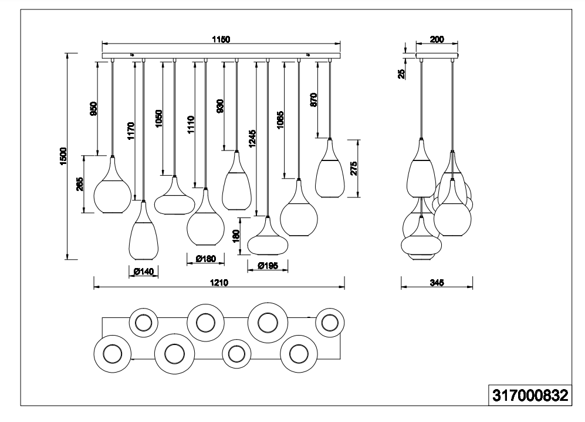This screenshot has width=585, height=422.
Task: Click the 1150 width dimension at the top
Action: [x=221, y=39]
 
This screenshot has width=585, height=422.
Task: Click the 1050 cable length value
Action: [x=159, y=119]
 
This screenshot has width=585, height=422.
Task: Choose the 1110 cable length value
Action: [x=191, y=125]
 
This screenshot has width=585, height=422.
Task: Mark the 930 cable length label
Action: [x=221, y=106]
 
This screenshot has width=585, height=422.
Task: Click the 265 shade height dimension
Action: [x=80, y=184]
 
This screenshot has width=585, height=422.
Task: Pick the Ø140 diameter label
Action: [x=143, y=271]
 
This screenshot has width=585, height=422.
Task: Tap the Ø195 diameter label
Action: [x=268, y=266]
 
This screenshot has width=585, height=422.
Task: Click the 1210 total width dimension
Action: [x=219, y=283]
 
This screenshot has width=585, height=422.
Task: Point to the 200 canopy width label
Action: [x=437, y=40]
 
